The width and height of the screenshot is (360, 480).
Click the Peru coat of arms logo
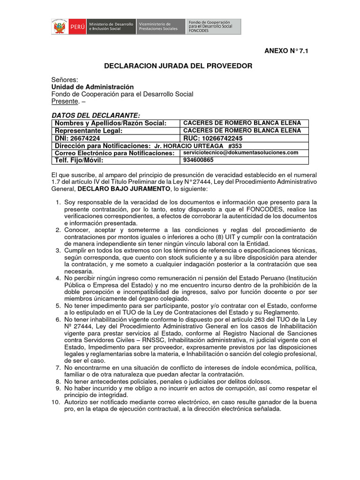(x=60, y=27)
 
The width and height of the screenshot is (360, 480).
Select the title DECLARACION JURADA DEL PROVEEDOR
(x=178, y=66)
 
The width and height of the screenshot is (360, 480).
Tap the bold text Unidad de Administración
(x=92, y=87)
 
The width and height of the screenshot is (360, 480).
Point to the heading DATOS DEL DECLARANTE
(x=96, y=115)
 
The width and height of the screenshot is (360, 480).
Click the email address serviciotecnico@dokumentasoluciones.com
(x=240, y=153)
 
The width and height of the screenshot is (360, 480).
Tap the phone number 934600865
(x=198, y=160)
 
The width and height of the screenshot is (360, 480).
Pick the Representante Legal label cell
(x=89, y=131)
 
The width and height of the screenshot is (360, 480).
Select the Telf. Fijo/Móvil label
(x=79, y=160)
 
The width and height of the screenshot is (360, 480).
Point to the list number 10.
(x=55, y=402)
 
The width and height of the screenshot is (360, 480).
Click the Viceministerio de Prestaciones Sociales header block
(x=159, y=27)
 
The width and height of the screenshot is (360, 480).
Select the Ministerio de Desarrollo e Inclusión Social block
(x=110, y=27)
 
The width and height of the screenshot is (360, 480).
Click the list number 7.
(x=57, y=368)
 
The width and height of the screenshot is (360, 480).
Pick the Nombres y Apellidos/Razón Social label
(x=111, y=123)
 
